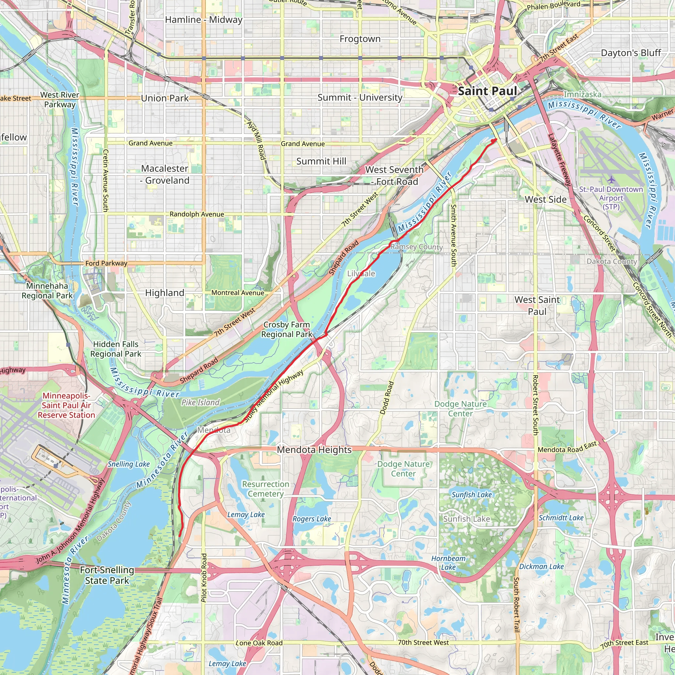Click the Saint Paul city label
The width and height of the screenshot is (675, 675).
(487, 91)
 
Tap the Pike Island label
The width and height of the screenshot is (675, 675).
(200, 402)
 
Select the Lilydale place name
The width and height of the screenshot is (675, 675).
(361, 274)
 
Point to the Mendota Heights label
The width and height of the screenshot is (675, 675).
(314, 450)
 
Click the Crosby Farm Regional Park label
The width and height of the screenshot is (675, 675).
(286, 330)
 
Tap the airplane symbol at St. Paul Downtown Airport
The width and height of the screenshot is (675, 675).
(611, 180)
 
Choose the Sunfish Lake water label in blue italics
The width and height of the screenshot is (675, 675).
(471, 494)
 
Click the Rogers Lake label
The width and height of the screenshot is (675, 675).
(312, 519)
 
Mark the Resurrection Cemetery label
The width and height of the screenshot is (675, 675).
(266, 489)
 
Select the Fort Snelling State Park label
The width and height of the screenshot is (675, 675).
(107, 575)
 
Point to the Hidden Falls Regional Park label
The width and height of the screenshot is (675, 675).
(116, 349)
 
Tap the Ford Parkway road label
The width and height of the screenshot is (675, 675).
(106, 263)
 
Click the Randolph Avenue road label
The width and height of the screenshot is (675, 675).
(197, 214)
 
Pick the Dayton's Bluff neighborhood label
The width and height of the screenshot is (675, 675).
(631, 53)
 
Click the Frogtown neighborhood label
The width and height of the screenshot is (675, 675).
(360, 39)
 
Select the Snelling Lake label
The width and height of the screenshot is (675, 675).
(129, 464)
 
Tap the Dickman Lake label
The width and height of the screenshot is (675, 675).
(541, 566)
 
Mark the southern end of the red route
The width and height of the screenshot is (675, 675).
(180, 536)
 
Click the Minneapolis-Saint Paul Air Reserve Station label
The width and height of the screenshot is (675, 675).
(66, 405)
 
